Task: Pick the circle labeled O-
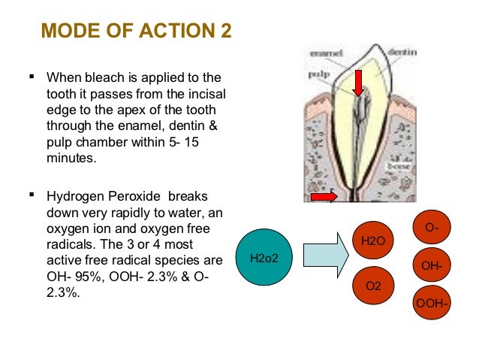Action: pos(432,227)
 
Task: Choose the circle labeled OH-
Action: pos(432,265)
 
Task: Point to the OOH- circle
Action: pos(432,303)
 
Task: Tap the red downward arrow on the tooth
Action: pos(359,80)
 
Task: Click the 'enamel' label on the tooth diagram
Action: pos(327,53)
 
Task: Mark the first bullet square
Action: pos(32,77)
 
